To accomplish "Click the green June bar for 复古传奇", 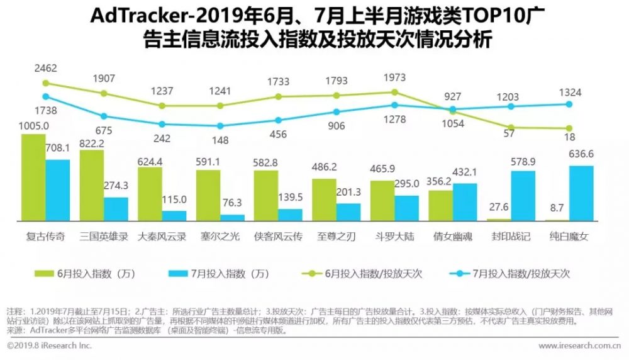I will click(33, 177).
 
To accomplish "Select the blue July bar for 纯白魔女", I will click(581, 193).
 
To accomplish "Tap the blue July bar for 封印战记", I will click(523, 196).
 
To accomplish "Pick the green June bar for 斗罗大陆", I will click(382, 201).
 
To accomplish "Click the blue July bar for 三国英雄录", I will click(116, 209).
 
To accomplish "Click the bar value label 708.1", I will click(58, 149).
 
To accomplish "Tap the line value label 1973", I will click(395, 77).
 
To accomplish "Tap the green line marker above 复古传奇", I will click(46, 82).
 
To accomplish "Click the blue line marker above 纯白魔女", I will click(569, 104).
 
